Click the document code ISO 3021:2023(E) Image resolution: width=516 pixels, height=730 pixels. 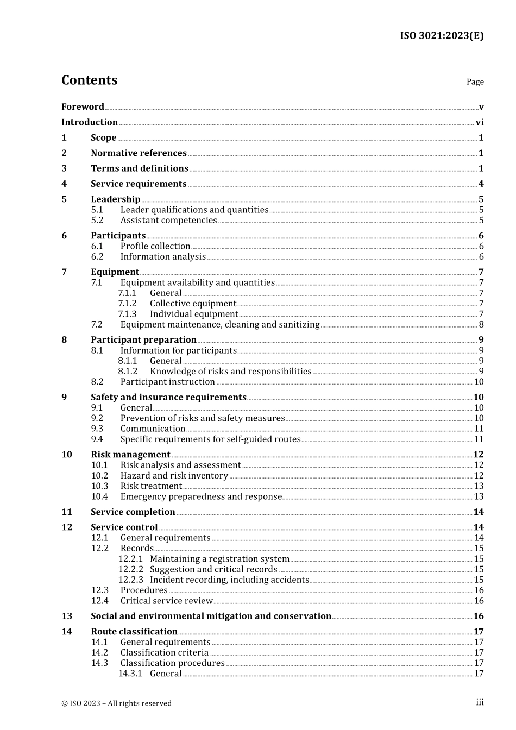coord(442,36)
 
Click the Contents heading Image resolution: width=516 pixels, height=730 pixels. coord(89,80)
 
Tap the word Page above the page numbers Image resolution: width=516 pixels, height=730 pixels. coord(475,82)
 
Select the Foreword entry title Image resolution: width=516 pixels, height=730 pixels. coord(83,107)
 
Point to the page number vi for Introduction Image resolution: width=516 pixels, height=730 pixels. coord(480,123)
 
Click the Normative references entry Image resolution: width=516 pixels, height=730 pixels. coord(139,153)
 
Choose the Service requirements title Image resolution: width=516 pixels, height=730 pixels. coord(139,184)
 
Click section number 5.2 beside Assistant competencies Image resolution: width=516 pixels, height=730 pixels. coord(97,221)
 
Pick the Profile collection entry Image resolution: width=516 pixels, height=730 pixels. coord(155,247)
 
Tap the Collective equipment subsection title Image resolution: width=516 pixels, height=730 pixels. coord(193,304)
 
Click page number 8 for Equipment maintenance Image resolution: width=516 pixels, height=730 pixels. coord(481,325)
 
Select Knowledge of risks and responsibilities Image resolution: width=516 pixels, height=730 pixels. coord(230,372)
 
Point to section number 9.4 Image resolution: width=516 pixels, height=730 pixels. coord(97,439)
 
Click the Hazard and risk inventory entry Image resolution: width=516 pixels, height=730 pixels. coord(174,476)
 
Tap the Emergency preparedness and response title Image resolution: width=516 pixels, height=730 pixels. coord(201,497)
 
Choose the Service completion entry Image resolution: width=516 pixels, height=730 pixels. coord(133,512)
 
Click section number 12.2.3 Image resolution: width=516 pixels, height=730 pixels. coord(130,580)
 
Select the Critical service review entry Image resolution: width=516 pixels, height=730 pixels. coord(166,601)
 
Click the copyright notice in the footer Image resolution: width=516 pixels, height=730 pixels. coord(116,703)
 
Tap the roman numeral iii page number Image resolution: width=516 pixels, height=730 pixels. coord(480,703)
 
